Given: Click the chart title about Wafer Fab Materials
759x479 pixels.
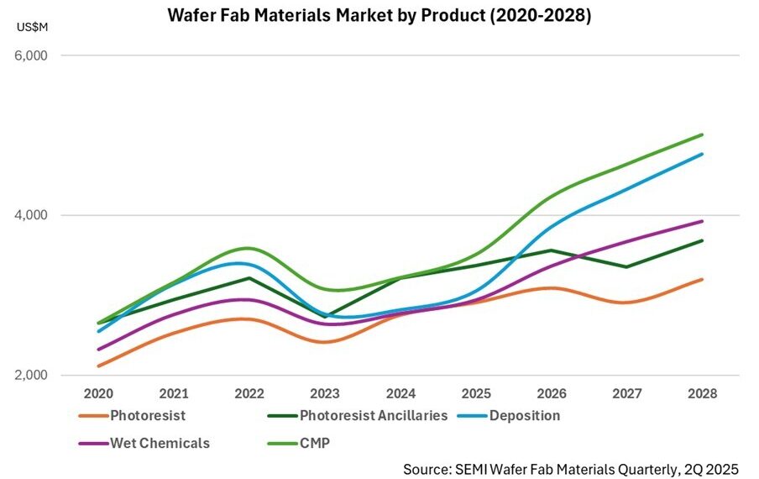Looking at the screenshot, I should [379, 16].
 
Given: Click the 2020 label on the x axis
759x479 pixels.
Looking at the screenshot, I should [98, 393].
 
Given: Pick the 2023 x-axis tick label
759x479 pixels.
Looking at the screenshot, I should [324, 393].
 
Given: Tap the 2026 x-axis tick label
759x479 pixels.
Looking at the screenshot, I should [551, 393].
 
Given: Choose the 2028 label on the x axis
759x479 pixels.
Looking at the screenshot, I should [701, 393].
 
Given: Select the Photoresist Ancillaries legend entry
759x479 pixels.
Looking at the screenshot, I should [353, 415].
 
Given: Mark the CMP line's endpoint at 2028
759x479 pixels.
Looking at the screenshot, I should [701, 134].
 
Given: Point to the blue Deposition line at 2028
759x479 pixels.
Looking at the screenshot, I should [701, 154].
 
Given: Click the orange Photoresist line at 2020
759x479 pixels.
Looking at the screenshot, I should [98, 366].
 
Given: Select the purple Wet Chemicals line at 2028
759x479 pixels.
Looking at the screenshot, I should [701, 221].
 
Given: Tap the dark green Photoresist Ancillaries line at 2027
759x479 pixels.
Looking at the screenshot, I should [626, 266].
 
